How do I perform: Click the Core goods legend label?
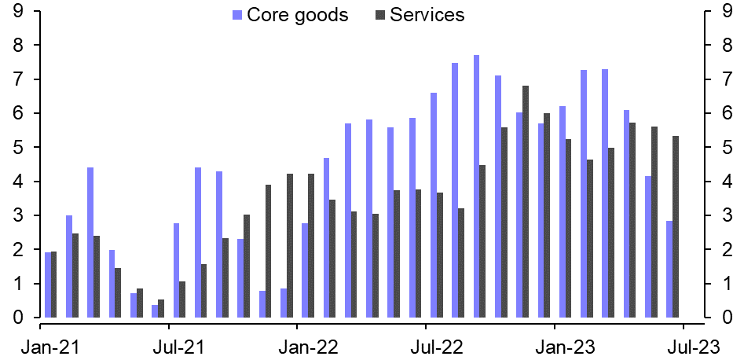297,15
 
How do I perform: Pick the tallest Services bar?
526,201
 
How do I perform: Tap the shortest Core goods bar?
155,311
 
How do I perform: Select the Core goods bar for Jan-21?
47,285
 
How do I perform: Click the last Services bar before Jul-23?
676,226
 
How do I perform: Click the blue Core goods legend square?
237,15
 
